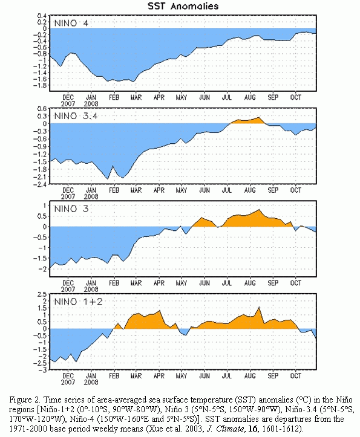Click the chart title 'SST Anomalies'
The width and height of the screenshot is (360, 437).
tap(183, 6)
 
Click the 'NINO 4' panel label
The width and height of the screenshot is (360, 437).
tap(71, 23)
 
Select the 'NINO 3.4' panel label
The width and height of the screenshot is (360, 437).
tap(76, 116)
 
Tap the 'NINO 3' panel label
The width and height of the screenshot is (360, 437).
tap(71, 209)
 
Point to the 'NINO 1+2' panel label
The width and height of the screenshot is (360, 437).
tap(79, 302)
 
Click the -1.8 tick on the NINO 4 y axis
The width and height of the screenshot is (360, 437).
tap(40, 85)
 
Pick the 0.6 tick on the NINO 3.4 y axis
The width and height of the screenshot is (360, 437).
tap(42, 108)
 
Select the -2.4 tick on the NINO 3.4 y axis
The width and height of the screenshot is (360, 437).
tap(40, 184)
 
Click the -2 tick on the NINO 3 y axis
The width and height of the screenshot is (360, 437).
tap(42, 269)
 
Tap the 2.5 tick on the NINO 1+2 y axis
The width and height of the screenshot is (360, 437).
tap(42, 294)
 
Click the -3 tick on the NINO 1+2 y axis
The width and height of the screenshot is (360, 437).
tap(42, 370)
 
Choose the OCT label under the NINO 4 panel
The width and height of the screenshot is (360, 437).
tap(296, 97)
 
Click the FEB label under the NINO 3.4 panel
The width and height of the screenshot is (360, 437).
tap(114, 190)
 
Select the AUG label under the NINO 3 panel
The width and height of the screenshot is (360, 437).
tap(250, 283)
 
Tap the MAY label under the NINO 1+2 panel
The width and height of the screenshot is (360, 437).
tap(182, 376)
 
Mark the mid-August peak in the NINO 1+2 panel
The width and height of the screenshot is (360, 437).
tap(259, 307)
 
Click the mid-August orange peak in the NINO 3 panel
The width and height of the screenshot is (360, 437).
tap(259, 210)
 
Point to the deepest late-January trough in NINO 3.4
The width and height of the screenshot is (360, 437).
tap(108, 179)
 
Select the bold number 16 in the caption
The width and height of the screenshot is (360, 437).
tap(252, 429)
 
